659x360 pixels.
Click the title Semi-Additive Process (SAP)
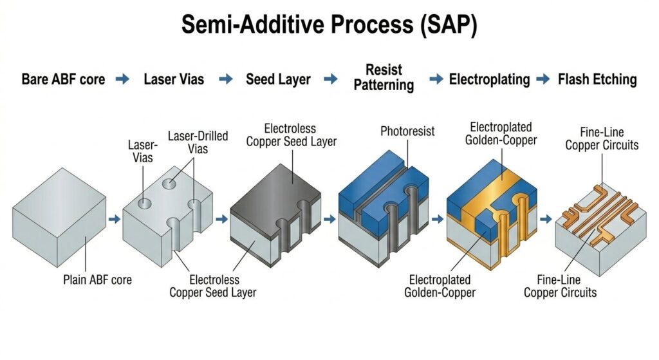[x=329, y=24]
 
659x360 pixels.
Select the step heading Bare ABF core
[x=63, y=80]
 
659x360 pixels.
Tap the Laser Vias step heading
[x=174, y=80]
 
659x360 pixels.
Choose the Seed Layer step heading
[x=278, y=80]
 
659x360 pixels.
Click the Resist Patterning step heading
[x=384, y=77]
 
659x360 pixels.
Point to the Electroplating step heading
[x=489, y=80]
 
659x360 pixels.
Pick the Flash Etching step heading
[x=597, y=80]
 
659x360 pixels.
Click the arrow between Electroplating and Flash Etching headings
[x=544, y=80]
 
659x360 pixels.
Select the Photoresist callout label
[x=407, y=131]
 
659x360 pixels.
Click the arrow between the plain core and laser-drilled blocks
[x=114, y=219]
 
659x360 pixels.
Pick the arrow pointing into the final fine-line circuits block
[x=546, y=219]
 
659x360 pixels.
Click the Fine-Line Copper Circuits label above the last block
[x=602, y=138]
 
